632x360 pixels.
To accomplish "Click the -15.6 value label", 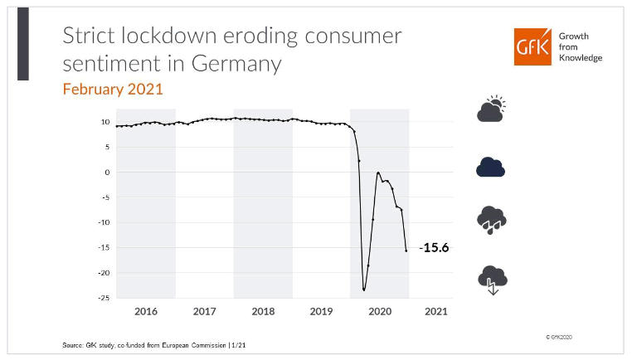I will pos(435,248).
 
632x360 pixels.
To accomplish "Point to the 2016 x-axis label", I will pos(146,311).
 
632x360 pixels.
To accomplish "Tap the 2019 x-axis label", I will pos(321,311).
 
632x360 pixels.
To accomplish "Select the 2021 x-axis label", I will pos(436,311).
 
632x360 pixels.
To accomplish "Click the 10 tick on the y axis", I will pos(105,122).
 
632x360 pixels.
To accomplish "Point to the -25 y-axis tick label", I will pos(104,298).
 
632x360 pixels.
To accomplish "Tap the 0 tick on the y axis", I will pos(107,172).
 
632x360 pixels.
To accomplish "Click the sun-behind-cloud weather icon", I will pos(491,109).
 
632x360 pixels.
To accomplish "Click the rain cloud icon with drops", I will pos(491,221).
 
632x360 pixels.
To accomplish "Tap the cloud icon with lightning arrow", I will pos(492,280).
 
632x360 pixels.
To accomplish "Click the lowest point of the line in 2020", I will pos(364,289).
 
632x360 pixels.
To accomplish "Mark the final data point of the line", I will pos(406,251).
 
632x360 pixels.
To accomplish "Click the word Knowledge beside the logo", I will pos(580,58).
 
